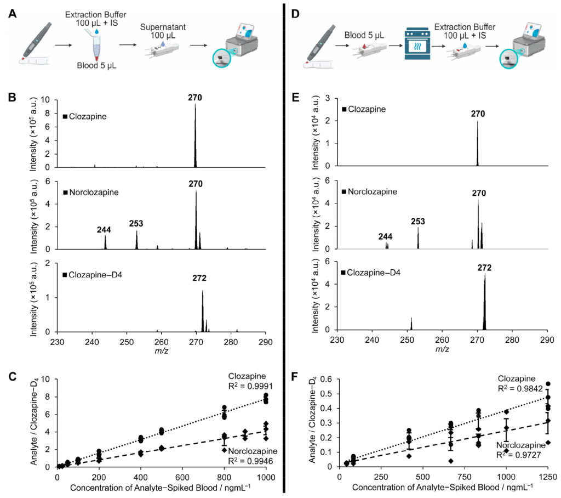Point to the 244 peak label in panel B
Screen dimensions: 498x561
(x=105, y=227)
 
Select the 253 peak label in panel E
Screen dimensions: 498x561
(x=417, y=222)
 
